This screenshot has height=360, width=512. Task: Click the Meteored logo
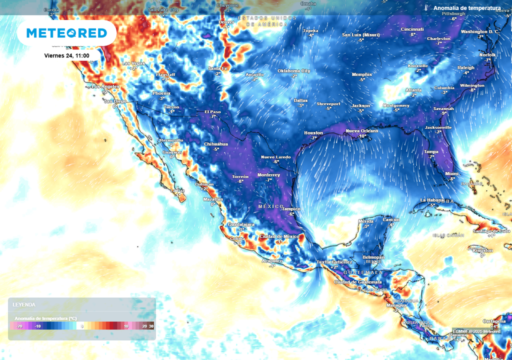point(66,33)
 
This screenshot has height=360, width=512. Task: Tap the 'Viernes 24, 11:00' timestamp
point(66,55)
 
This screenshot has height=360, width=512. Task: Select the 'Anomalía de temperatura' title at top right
point(466,8)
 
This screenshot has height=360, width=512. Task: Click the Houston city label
point(314,133)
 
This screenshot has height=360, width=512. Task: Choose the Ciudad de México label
point(279,236)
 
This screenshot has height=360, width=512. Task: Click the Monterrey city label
point(269,175)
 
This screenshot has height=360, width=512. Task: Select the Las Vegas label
point(133,63)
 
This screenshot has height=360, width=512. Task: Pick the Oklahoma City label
point(294,71)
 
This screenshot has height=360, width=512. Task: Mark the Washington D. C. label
point(480,31)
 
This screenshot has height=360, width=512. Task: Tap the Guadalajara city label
point(241,224)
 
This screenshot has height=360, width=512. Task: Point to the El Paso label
point(212,111)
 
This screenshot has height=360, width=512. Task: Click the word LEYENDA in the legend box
point(24,304)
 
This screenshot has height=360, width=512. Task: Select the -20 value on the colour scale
point(19,326)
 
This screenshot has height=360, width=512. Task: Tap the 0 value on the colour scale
point(82,326)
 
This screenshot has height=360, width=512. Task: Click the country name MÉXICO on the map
point(270,206)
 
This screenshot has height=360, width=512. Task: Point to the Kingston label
point(482,250)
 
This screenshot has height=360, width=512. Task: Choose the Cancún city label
point(391,219)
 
